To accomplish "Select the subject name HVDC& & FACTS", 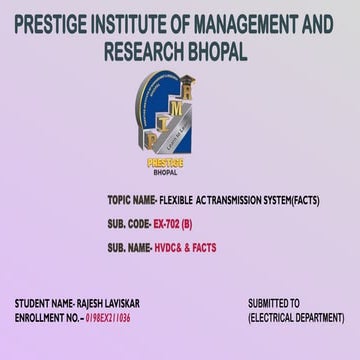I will [185, 247].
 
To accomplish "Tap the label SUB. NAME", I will [127, 247].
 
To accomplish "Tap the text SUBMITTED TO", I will [274, 302].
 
